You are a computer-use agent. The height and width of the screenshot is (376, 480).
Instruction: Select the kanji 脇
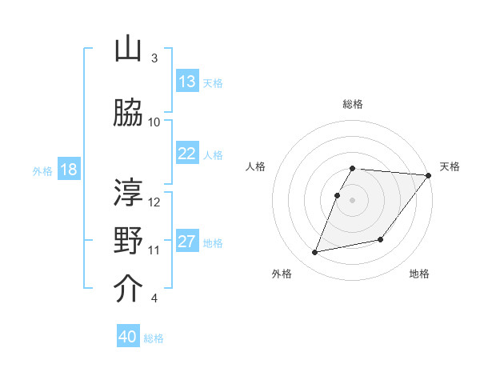click(x=129, y=112)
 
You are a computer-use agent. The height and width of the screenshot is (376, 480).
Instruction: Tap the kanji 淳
click(x=129, y=191)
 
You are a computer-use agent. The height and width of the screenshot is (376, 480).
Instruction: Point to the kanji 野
click(x=129, y=240)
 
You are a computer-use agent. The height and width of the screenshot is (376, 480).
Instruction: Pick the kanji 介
click(x=129, y=288)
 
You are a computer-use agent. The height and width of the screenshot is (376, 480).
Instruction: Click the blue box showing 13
click(x=187, y=82)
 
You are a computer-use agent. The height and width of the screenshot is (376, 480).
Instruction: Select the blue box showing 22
click(x=187, y=154)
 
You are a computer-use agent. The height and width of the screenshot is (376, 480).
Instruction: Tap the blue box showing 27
click(x=187, y=242)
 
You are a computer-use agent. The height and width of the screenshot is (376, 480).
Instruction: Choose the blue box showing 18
click(x=68, y=170)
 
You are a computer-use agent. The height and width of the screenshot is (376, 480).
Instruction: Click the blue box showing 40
click(x=128, y=337)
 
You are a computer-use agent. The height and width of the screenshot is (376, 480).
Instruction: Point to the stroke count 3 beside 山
click(x=154, y=58)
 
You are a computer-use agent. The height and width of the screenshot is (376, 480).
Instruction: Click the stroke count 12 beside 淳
click(x=154, y=202)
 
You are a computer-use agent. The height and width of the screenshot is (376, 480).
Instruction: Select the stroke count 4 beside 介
click(x=154, y=298)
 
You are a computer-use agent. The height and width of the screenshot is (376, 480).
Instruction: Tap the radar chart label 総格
click(x=353, y=104)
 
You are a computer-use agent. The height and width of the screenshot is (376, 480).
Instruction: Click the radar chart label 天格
click(x=450, y=166)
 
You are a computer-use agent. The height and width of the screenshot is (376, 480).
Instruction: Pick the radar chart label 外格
click(x=282, y=274)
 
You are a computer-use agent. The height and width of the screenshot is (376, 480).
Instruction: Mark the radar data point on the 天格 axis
click(x=429, y=176)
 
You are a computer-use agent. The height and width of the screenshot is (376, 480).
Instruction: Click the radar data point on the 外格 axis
click(x=315, y=252)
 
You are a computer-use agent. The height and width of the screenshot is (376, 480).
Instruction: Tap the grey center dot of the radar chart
click(x=353, y=200)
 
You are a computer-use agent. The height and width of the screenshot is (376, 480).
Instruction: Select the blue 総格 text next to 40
click(x=154, y=338)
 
